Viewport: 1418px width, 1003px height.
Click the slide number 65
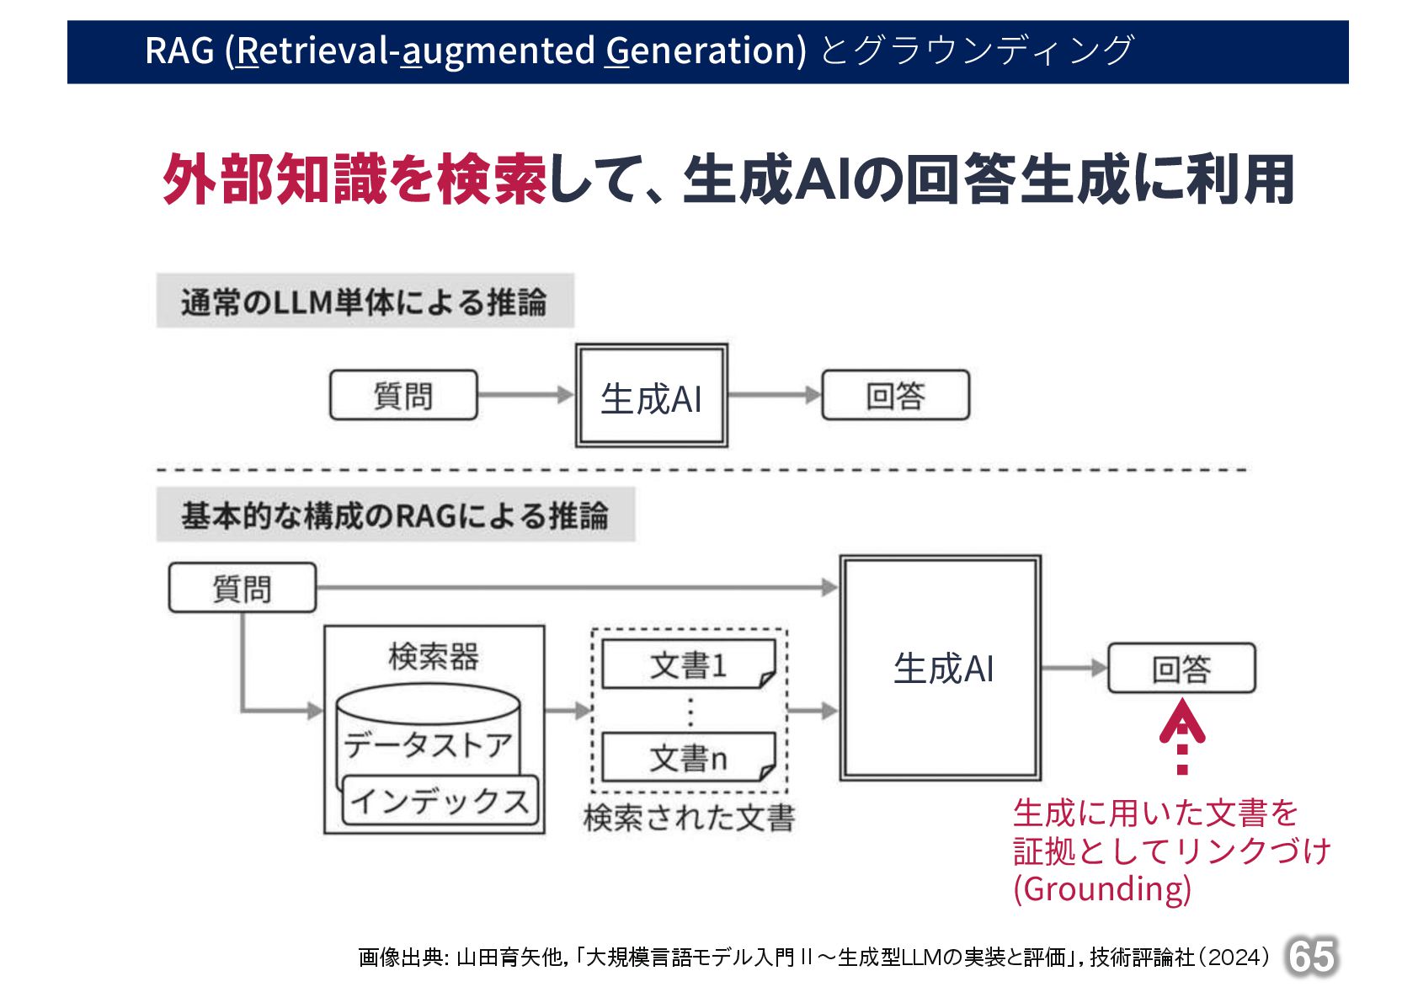click(x=1311, y=957)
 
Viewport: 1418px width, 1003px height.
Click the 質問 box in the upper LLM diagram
click(x=403, y=395)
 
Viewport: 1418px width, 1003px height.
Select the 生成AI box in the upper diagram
click(x=651, y=396)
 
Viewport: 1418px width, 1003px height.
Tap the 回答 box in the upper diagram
click(x=895, y=395)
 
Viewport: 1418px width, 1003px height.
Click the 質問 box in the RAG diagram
click(x=243, y=588)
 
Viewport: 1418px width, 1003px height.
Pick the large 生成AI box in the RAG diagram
click(x=941, y=668)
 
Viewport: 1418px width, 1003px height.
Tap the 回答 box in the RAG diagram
click(x=1181, y=669)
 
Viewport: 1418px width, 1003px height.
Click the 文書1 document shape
click(x=688, y=665)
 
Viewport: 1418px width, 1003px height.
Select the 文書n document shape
click(x=688, y=758)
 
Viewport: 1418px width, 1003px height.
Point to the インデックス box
click(x=440, y=800)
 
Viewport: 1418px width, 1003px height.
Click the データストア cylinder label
click(x=428, y=744)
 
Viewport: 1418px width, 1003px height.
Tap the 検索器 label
click(x=434, y=656)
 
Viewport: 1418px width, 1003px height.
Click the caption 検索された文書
click(x=689, y=817)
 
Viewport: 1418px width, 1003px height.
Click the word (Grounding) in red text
click(x=1101, y=888)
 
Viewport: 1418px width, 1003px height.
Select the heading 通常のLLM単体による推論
click(x=365, y=301)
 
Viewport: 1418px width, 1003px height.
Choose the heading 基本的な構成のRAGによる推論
click(x=395, y=515)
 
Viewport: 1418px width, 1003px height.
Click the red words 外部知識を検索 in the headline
click(x=354, y=179)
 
